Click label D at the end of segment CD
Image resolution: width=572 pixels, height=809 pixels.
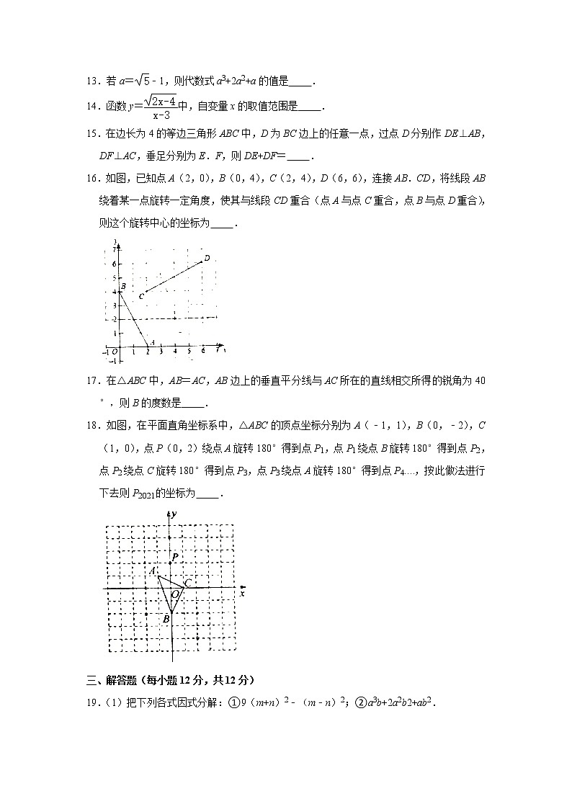click(207, 257)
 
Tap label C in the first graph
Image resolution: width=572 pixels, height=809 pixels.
click(142, 295)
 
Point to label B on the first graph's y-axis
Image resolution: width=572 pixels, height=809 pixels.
click(124, 287)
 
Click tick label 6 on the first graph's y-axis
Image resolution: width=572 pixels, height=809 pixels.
click(114, 264)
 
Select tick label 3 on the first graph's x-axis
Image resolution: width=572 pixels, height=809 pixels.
click(161, 352)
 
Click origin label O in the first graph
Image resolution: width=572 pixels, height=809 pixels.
click(115, 352)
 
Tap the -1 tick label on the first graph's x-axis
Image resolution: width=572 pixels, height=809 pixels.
click(105, 352)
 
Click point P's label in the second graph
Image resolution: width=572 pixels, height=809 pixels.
click(174, 557)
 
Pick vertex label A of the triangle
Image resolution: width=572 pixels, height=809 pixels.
click(153, 571)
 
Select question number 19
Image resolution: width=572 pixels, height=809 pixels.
click(91, 703)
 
